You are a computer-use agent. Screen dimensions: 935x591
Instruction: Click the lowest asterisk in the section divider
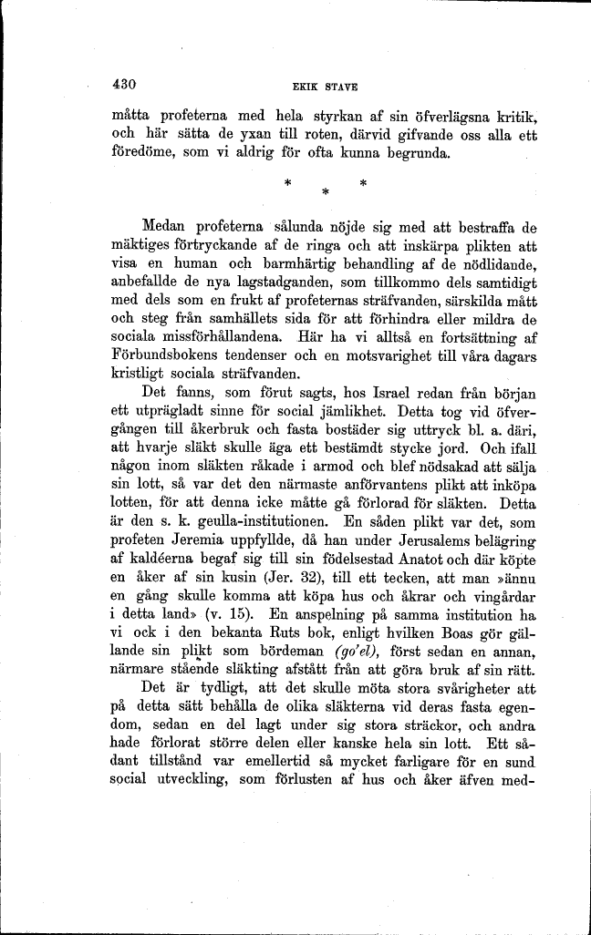click(325, 193)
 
